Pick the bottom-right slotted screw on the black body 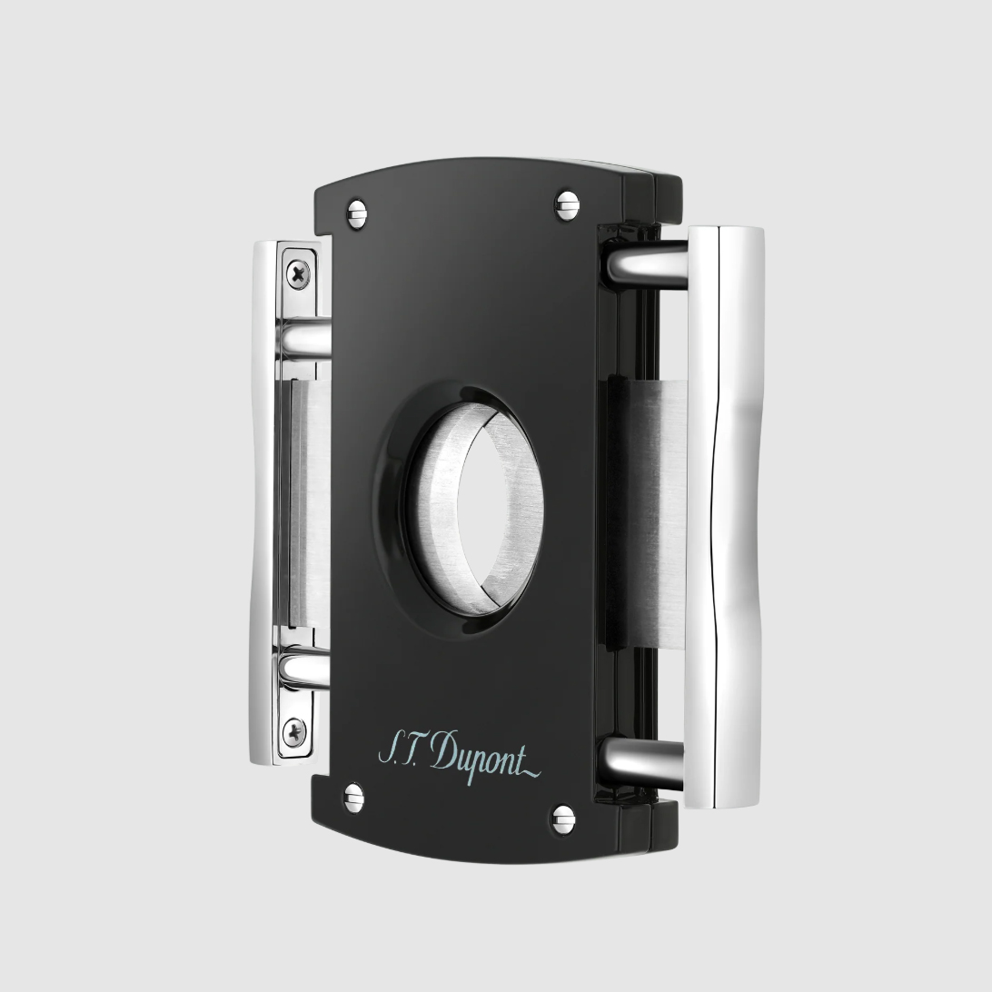coord(562,820)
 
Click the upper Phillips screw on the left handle coord(297,273)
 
